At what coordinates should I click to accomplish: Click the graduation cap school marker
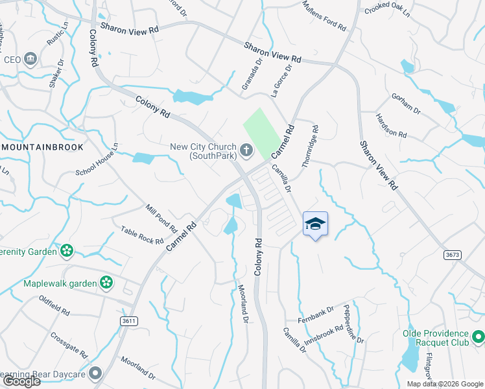[x=315, y=224]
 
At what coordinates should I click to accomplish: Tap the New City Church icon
[x=246, y=151]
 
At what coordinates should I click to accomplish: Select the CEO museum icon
[x=30, y=60]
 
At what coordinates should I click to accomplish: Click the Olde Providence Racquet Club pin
[x=478, y=337]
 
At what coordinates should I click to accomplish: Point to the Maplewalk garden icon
[x=106, y=283]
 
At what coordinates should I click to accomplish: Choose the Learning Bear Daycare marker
[x=96, y=373]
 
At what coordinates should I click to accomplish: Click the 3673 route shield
[x=453, y=255]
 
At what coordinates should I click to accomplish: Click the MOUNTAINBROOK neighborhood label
[x=43, y=147]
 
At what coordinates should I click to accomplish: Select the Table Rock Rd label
[x=142, y=235]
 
